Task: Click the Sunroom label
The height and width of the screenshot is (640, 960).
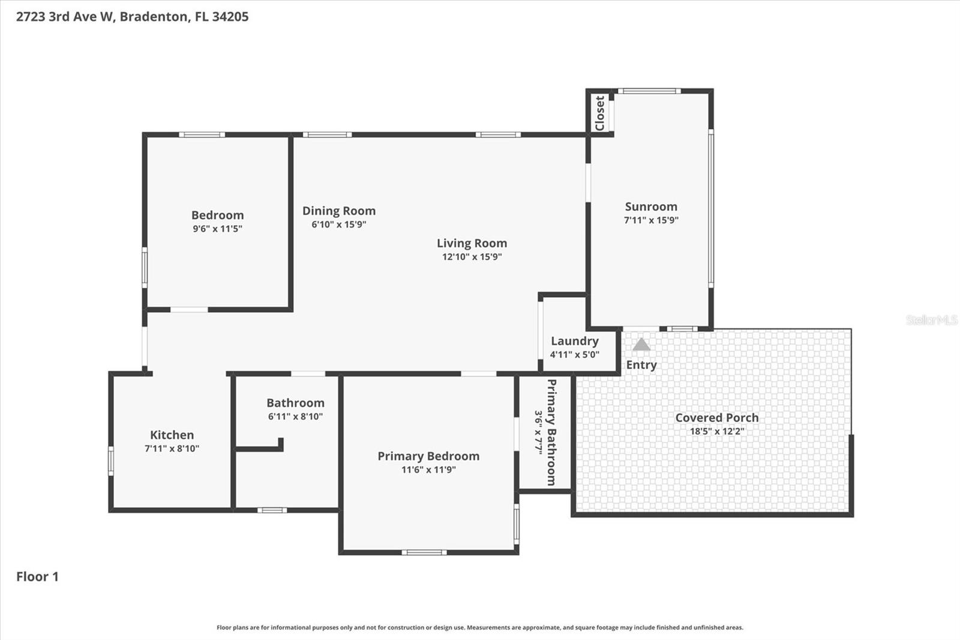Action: pos(651,207)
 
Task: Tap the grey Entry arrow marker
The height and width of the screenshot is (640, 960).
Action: pos(641,345)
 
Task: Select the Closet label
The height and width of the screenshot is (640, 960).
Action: pos(599,113)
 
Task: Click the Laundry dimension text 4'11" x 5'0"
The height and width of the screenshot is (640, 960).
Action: pos(574,355)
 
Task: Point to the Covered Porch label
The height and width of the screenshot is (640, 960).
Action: pos(716,418)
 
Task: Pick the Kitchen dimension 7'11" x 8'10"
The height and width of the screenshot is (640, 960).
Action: pos(172,448)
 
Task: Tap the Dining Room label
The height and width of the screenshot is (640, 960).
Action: pos(338,211)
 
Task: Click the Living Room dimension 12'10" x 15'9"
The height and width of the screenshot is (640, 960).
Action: pos(472,257)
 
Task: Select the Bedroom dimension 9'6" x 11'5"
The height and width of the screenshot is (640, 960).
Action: pos(217,229)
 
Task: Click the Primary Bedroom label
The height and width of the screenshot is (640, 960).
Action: pos(428,456)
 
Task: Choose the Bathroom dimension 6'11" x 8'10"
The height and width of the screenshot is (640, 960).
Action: pos(295,417)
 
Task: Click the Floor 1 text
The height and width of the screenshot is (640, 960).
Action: pos(37,577)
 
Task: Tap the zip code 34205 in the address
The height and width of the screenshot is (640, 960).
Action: pos(230,17)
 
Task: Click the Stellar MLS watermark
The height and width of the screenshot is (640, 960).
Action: pos(931,320)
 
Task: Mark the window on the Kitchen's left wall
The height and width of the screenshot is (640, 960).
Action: pos(111,461)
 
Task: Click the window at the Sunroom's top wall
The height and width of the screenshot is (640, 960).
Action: pos(649,91)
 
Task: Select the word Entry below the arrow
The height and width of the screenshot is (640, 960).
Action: pos(641,365)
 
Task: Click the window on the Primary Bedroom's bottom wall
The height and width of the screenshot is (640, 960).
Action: pos(424,552)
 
